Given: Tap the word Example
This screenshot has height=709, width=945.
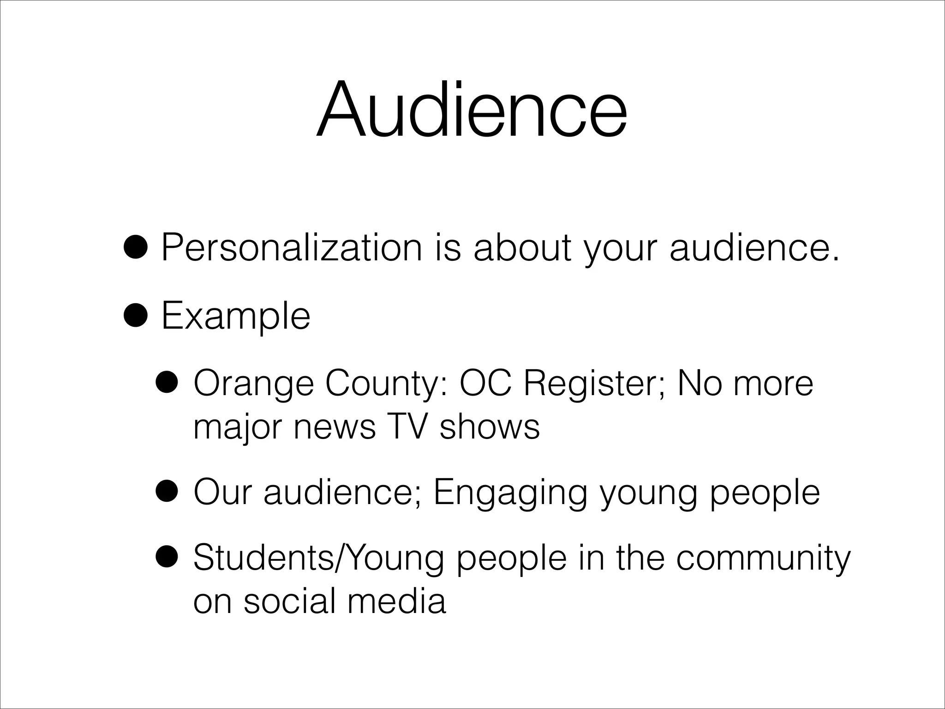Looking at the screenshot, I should [235, 316].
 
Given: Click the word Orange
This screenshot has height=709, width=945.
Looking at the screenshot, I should [253, 384].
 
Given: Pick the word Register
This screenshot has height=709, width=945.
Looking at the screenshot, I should [593, 384].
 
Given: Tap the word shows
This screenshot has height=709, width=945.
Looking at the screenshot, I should [490, 427].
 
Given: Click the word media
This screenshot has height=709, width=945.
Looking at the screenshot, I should [396, 601].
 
